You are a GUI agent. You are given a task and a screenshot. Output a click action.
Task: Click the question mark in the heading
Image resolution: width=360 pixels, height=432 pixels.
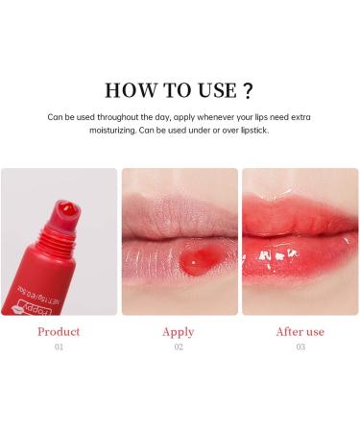248,91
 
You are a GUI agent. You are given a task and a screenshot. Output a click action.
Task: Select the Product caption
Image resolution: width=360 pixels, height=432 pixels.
58,332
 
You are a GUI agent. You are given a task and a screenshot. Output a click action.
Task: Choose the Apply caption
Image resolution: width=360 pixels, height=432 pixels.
179,332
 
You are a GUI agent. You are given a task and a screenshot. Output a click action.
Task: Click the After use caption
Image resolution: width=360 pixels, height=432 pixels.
300,332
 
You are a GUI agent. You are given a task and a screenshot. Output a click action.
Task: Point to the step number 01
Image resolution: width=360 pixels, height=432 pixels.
58,348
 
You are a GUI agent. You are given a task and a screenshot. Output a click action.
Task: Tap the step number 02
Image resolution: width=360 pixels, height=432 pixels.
179,348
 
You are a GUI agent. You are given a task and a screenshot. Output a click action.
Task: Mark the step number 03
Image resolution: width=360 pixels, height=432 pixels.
300,348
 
